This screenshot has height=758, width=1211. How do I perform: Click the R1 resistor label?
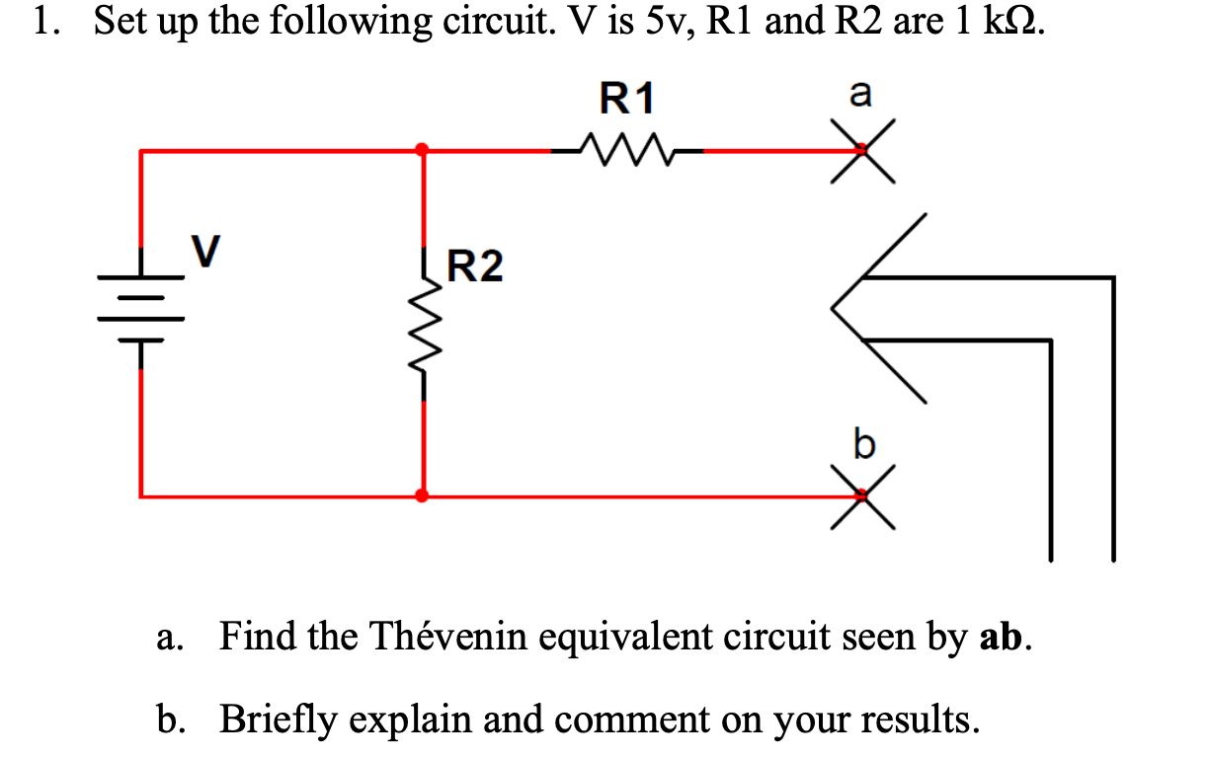627,99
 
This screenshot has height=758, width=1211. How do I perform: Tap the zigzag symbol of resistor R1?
627,151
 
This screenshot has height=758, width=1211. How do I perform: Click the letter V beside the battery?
204,251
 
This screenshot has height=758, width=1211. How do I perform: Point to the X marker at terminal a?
861,151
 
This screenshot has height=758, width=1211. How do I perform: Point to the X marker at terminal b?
861,496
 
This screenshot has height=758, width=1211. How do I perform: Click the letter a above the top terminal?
861,95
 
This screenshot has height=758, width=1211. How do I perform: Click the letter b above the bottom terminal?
863,445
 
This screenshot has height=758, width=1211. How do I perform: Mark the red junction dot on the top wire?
423,150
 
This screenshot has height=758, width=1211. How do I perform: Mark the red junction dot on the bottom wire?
423,495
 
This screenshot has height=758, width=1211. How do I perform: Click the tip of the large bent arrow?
835,308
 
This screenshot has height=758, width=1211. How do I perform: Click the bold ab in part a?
1001,639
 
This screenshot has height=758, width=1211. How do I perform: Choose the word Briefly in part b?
275,719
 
